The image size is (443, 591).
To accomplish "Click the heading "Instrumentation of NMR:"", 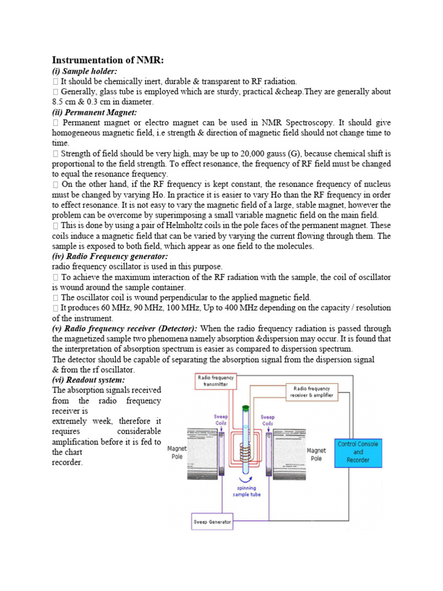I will (x=108, y=60).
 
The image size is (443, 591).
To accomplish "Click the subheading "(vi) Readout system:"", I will (x=88, y=380).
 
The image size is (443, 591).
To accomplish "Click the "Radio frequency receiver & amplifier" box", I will (x=311, y=392).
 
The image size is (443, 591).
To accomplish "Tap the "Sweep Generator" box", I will (x=212, y=522).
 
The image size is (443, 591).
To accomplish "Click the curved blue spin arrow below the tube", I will (x=247, y=478).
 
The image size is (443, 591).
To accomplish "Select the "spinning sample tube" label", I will (x=247, y=491).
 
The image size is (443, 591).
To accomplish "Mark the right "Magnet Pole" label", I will (x=316, y=454).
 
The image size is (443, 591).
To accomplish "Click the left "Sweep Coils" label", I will (x=221, y=420).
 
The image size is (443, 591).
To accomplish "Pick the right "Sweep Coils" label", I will (x=268, y=420).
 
